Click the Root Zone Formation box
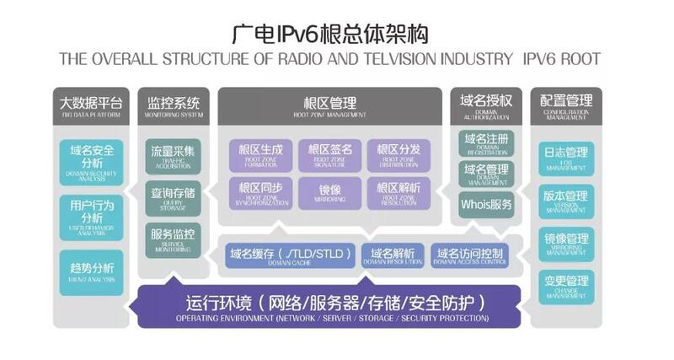(x=260, y=155)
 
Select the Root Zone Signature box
(x=329, y=155)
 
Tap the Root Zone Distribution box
(x=399, y=155)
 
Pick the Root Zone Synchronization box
(x=260, y=192)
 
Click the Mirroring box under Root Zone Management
(x=329, y=192)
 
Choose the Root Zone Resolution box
(x=399, y=192)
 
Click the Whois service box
(x=486, y=204)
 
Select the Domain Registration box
(x=486, y=142)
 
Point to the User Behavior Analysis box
(x=92, y=214)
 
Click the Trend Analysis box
(x=92, y=271)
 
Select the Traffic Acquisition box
(x=173, y=155)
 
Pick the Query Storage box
(x=173, y=197)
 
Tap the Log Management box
(x=565, y=159)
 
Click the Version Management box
(x=565, y=201)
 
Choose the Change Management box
(x=565, y=285)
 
